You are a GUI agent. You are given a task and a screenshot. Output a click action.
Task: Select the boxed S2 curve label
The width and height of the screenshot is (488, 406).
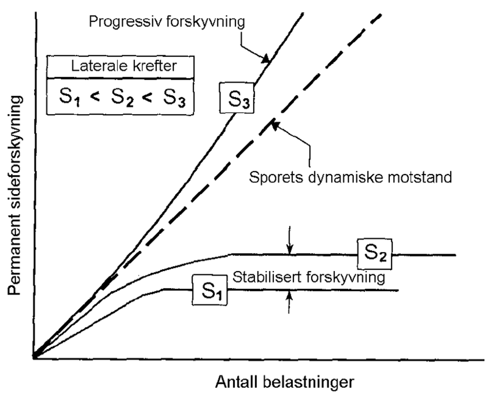click(x=375, y=254)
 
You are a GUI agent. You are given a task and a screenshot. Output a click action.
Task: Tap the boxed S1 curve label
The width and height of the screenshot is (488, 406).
click(x=210, y=290)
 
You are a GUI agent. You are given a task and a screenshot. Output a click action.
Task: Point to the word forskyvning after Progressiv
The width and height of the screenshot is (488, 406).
click(x=206, y=22)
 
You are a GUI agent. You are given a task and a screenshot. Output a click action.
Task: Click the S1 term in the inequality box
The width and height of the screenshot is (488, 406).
click(x=69, y=97)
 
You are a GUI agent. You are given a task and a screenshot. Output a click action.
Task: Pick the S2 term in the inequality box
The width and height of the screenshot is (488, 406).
click(x=122, y=97)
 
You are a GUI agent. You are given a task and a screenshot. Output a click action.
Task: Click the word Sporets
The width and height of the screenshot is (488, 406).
click(x=276, y=177)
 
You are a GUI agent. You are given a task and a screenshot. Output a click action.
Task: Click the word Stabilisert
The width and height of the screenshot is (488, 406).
click(x=267, y=277)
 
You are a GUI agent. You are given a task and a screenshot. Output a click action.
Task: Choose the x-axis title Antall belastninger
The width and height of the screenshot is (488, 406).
click(x=285, y=382)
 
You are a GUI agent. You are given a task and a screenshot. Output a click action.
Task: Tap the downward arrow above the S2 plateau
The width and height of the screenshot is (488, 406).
click(x=290, y=249)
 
